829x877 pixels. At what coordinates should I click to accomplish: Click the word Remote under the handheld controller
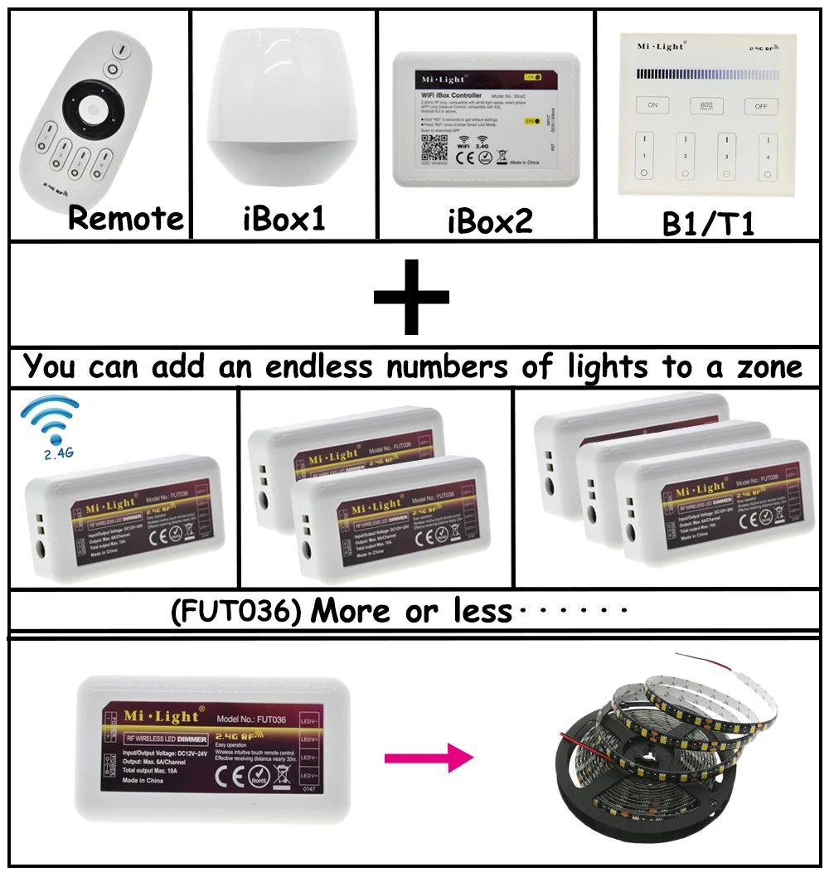tap(125, 219)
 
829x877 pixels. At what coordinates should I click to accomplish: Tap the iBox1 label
tap(284, 219)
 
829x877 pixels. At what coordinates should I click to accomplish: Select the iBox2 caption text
tap(489, 220)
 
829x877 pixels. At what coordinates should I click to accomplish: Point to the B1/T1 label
tap(709, 225)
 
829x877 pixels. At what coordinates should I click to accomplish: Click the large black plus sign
tap(411, 295)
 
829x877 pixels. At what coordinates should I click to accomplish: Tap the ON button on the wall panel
tap(652, 105)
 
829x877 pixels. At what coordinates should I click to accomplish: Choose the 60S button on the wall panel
tap(706, 105)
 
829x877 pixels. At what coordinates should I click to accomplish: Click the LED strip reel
tap(663, 754)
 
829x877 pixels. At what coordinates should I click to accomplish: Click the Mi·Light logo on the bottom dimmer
tap(162, 715)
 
